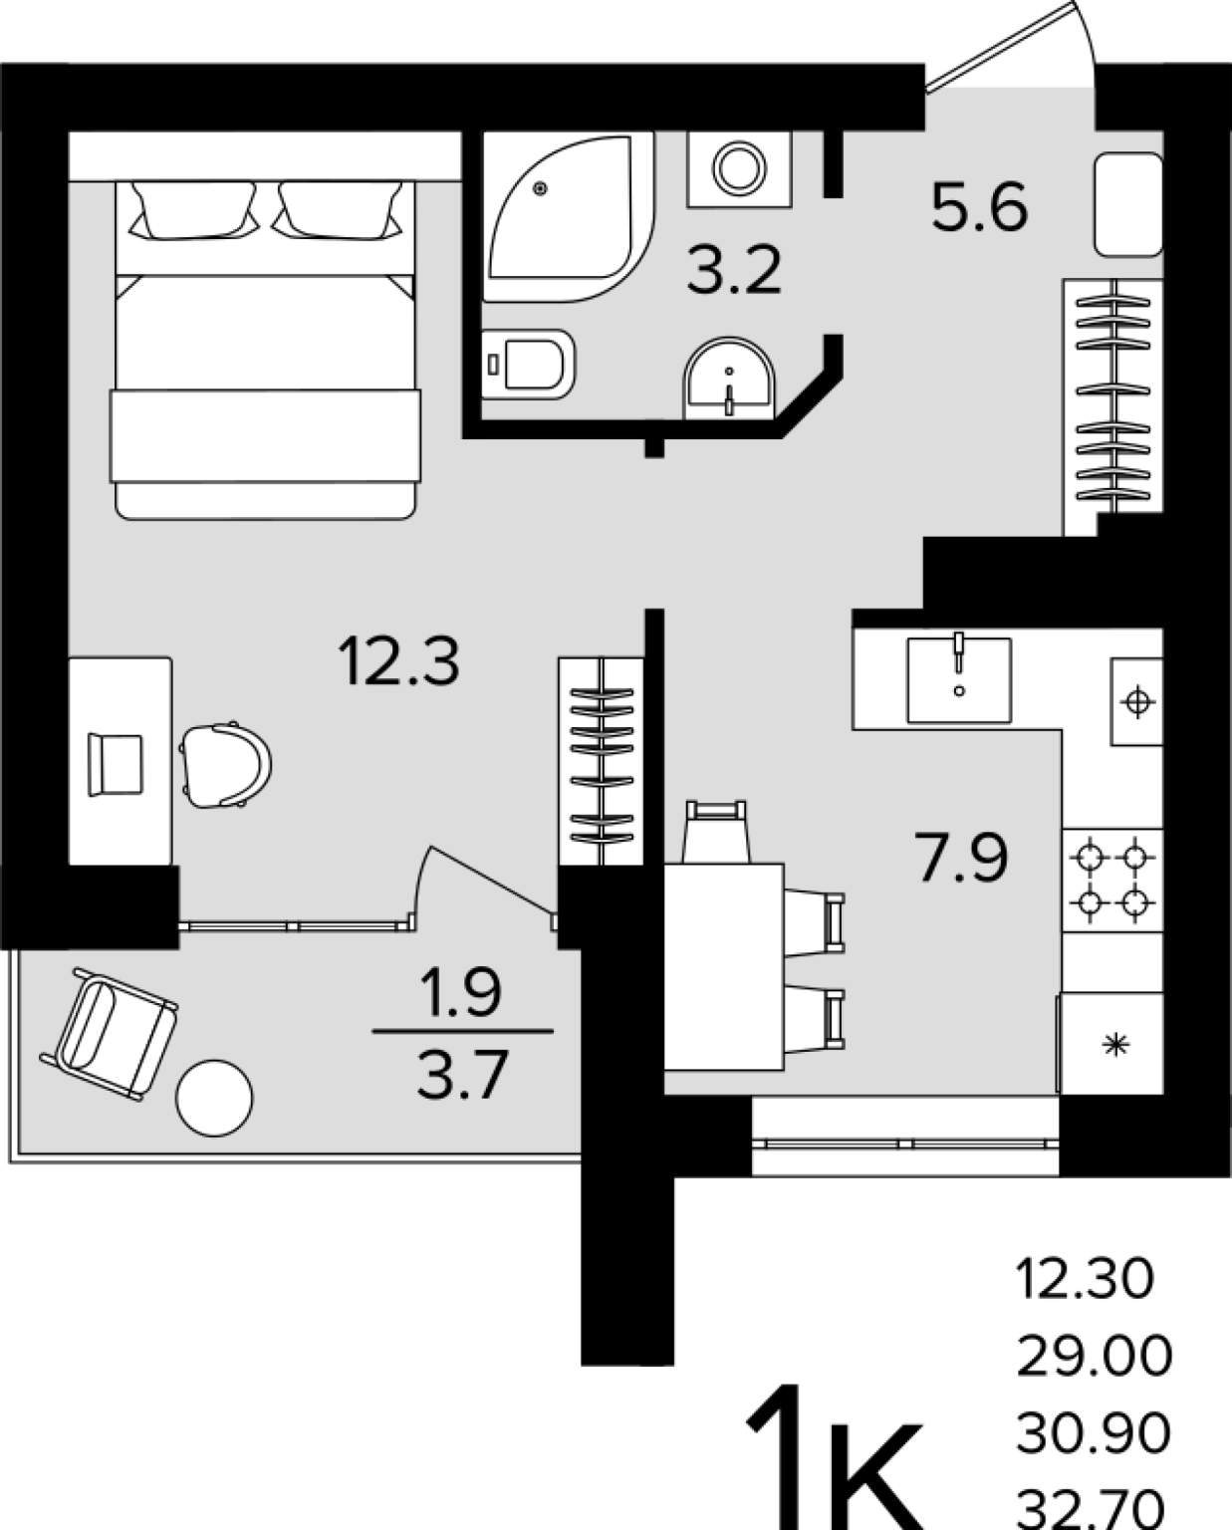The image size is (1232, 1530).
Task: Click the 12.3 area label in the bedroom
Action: (x=398, y=661)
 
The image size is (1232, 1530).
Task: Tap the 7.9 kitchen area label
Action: (x=960, y=858)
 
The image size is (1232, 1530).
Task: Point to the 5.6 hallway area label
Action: (x=980, y=206)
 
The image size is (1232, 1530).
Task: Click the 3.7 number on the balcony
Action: (x=462, y=1075)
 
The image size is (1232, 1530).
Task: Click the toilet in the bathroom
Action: (x=528, y=364)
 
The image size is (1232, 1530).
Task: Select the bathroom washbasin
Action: (x=729, y=378)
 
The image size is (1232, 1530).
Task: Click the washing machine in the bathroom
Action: (x=739, y=169)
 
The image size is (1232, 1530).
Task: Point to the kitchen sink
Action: (x=958, y=679)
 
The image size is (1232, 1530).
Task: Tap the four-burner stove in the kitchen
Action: (x=1112, y=880)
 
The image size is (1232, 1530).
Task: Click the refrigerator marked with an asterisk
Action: (x=1110, y=1044)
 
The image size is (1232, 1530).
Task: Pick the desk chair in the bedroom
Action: (x=225, y=765)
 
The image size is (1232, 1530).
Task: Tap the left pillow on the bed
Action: (x=193, y=209)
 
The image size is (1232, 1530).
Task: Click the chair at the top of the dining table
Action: (x=716, y=832)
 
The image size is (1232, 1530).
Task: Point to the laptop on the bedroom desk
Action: (x=116, y=765)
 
